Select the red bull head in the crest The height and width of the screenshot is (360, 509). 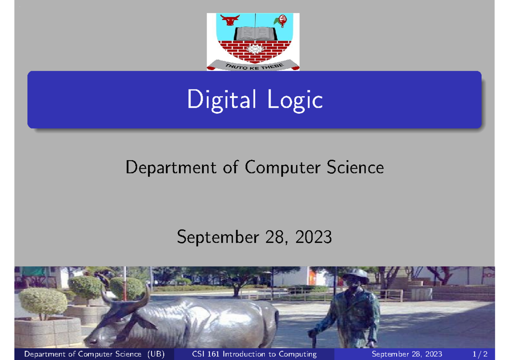point(230,20)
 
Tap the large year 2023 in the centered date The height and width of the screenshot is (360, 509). point(314,237)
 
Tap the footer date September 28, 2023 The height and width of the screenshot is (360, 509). point(406,354)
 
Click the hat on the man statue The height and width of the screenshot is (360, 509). point(355,273)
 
